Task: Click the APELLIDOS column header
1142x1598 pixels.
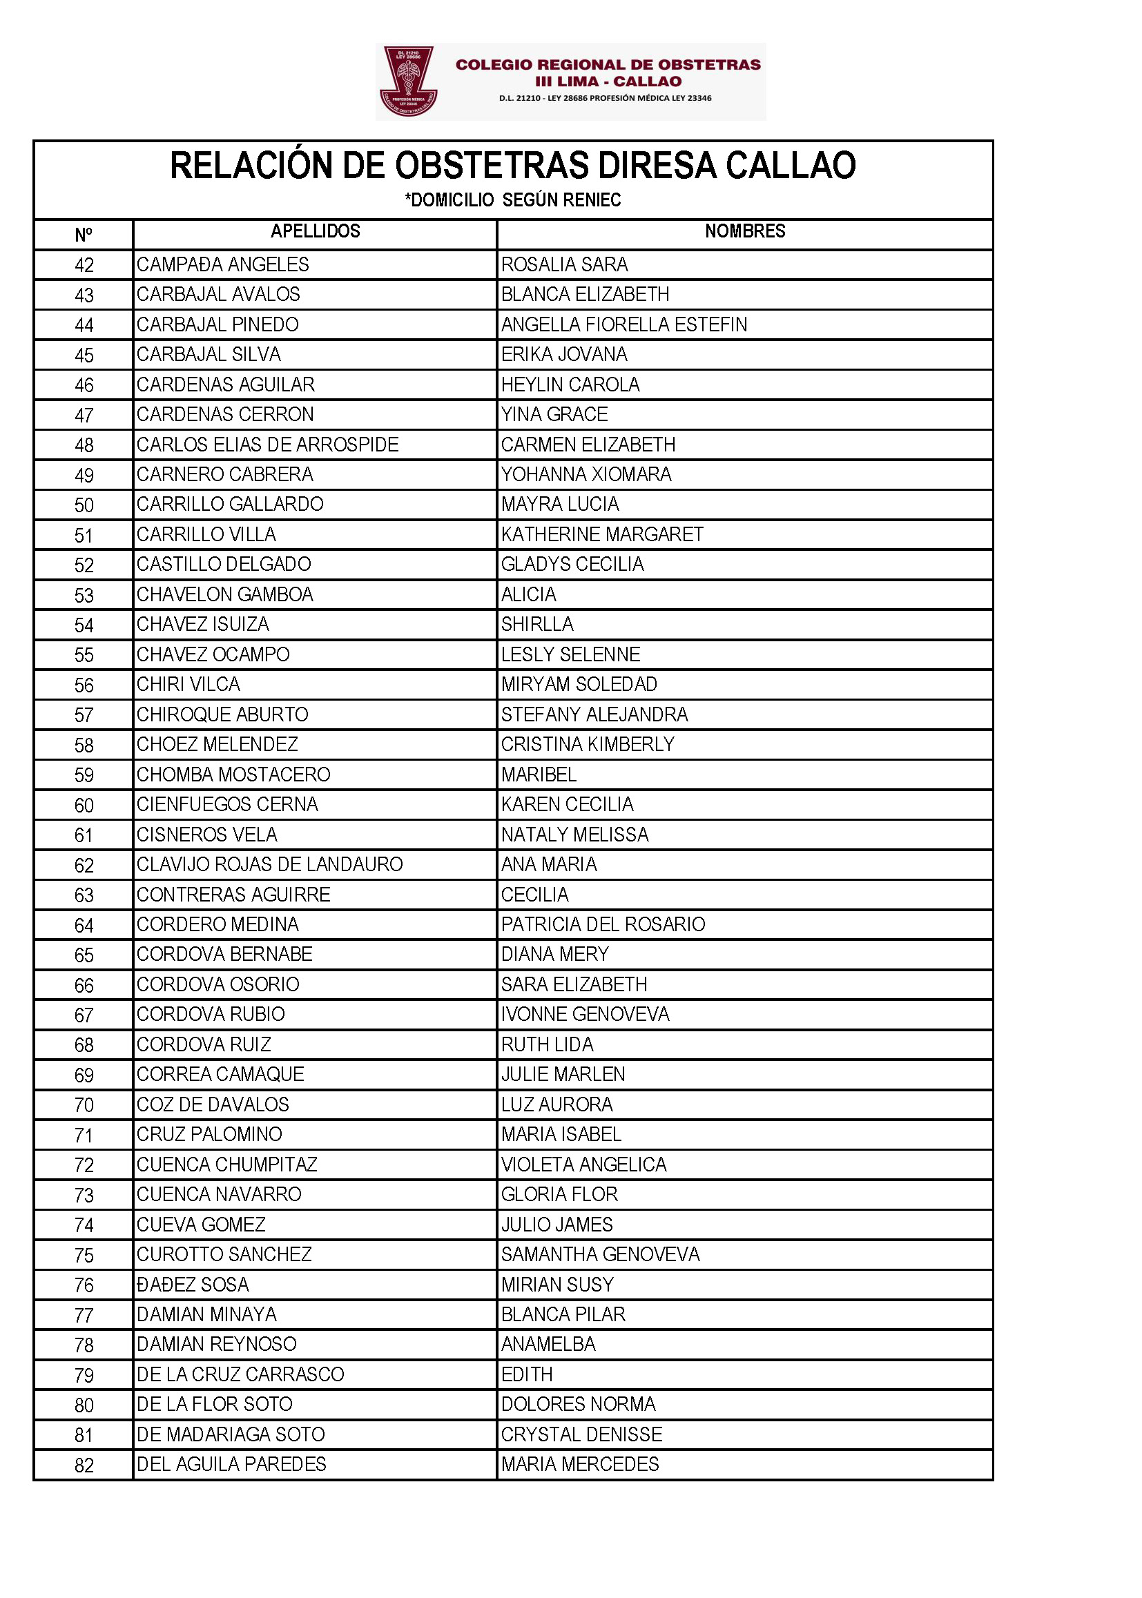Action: click(x=315, y=231)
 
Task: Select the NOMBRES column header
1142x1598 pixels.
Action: click(x=745, y=231)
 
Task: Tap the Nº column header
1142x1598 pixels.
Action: click(x=83, y=235)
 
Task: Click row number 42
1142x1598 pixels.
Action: click(x=84, y=265)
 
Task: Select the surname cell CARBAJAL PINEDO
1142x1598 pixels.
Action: click(x=217, y=325)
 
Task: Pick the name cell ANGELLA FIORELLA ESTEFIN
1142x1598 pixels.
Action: click(x=623, y=325)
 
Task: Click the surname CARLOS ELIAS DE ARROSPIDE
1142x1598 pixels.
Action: click(x=267, y=445)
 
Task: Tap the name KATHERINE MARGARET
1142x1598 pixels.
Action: click(x=602, y=534)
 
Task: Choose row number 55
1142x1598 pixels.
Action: click(x=84, y=655)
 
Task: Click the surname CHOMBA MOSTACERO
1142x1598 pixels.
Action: click(x=233, y=774)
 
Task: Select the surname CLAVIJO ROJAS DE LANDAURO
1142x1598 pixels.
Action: click(x=269, y=864)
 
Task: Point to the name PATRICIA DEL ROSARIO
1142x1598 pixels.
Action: click(x=603, y=924)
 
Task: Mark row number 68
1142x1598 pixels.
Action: click(x=84, y=1044)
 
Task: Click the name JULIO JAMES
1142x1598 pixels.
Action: click(x=557, y=1225)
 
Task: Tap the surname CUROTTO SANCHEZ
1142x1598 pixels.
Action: click(x=224, y=1254)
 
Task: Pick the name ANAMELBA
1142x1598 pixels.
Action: click(x=548, y=1344)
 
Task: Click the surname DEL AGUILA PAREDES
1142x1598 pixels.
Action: click(x=231, y=1464)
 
